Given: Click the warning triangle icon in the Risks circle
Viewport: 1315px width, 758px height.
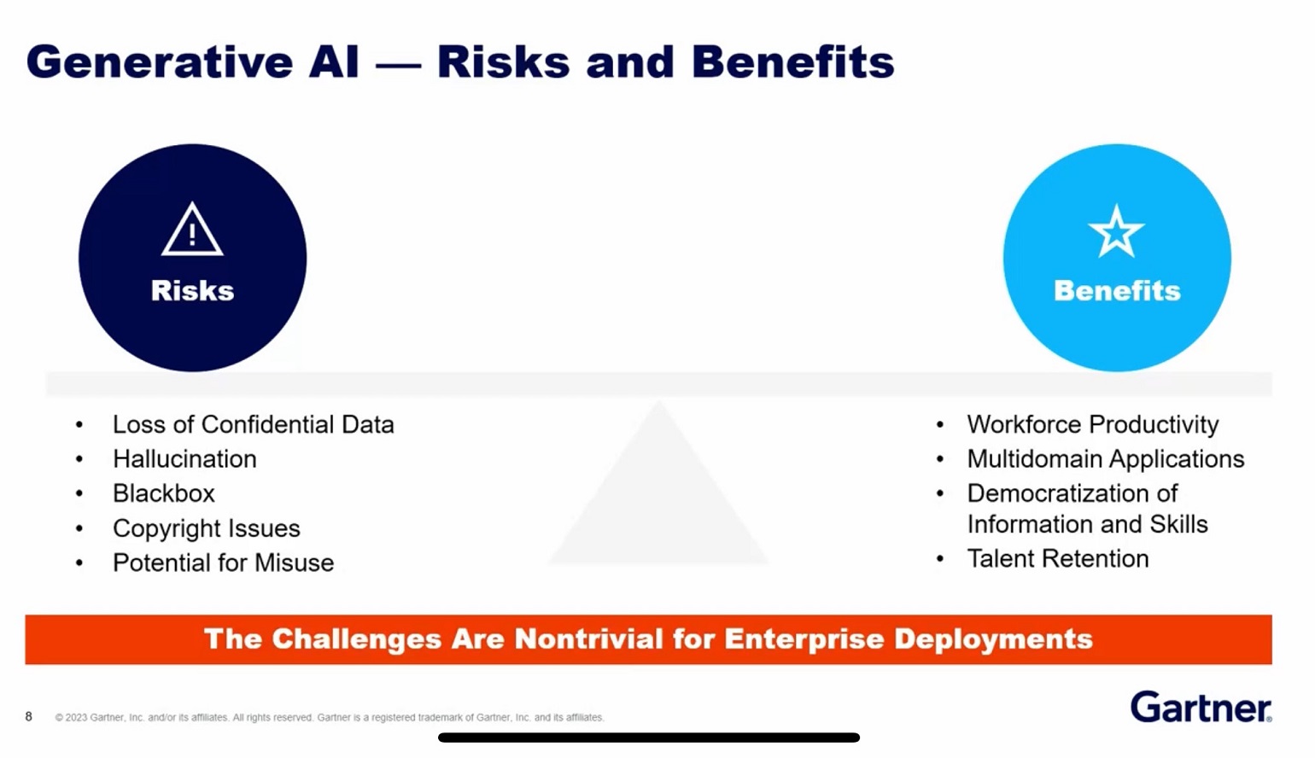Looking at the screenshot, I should point(192,230).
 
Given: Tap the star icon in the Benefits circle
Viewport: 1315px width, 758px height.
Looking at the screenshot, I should point(1116,231).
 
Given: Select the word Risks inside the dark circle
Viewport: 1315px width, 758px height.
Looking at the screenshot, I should point(192,290).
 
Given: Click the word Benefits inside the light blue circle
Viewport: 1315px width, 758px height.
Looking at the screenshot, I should point(1117,290).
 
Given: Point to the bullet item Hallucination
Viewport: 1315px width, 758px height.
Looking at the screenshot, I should point(184,459).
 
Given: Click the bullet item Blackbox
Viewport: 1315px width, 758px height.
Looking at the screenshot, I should point(163,493).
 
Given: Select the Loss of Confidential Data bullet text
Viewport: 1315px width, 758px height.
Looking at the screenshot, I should point(253,424).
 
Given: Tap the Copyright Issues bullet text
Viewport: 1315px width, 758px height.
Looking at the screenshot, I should point(206,528).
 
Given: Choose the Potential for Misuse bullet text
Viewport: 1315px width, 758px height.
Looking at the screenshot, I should point(223,563).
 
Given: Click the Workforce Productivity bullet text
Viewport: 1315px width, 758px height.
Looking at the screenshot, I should point(1092,424).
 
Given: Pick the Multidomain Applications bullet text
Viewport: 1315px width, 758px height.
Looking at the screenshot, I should point(1105,459).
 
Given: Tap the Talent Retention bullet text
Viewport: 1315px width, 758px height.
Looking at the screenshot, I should point(1057,558).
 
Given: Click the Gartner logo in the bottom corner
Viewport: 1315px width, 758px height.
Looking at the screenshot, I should point(1200,707).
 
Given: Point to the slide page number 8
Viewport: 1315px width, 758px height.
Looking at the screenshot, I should point(29,716).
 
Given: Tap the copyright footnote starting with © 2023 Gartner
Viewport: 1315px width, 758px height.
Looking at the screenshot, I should point(330,718).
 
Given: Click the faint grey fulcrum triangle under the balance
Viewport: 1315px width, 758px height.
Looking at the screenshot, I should point(658,504).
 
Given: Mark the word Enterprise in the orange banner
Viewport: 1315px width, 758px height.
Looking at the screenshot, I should point(804,639).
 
